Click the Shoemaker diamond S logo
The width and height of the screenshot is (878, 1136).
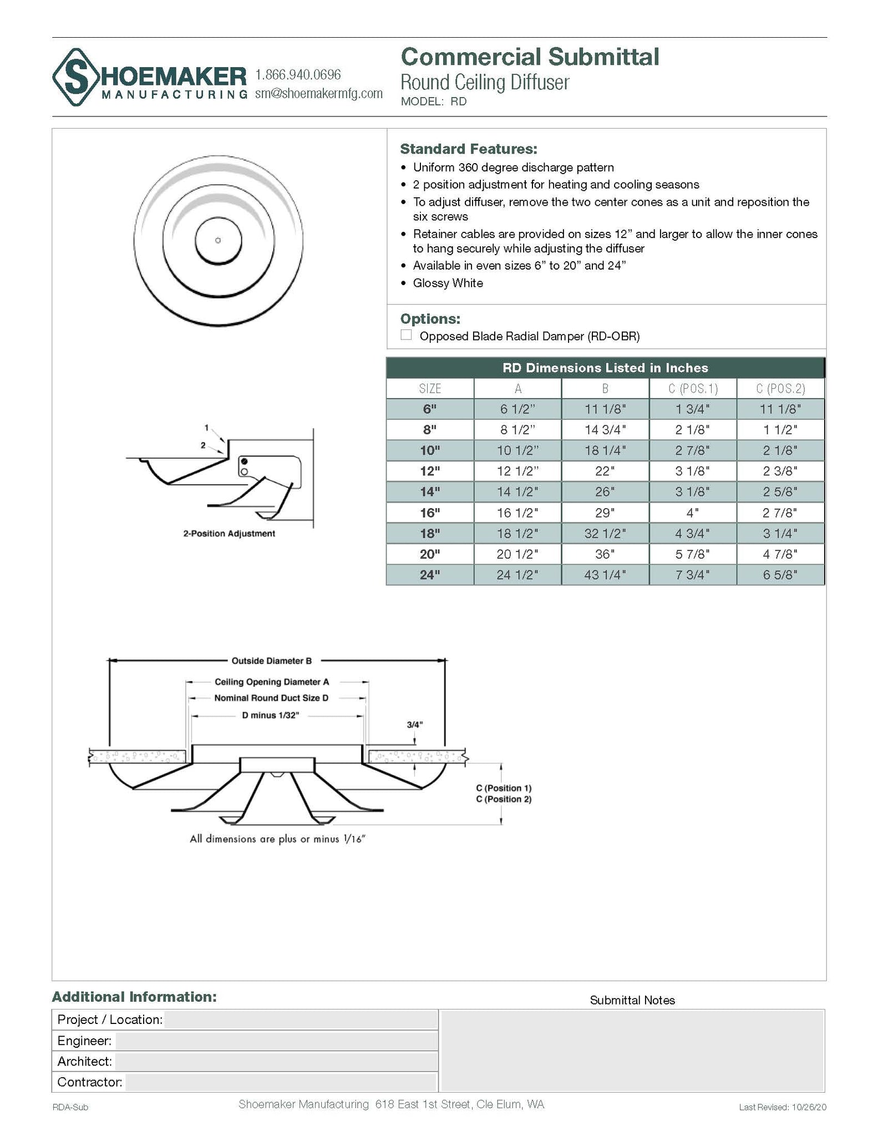(x=76, y=77)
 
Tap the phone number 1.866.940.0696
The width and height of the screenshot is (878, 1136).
(x=298, y=75)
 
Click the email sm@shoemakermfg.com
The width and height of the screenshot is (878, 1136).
(x=318, y=93)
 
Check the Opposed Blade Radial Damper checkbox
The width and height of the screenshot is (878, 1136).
(x=406, y=335)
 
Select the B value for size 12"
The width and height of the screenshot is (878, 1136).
(x=605, y=471)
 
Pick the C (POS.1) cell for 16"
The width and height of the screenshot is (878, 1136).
(x=692, y=513)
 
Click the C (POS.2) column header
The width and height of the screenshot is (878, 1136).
(x=780, y=388)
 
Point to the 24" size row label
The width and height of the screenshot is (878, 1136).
(x=429, y=575)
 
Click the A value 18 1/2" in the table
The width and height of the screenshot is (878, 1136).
(x=517, y=533)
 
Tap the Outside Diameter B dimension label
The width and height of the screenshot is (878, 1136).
(x=271, y=661)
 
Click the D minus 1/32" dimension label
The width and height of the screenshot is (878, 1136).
(x=270, y=715)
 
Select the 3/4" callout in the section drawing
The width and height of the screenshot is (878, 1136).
(x=414, y=724)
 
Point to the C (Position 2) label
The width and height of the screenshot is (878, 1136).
(x=503, y=799)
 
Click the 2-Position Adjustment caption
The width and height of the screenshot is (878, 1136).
(x=229, y=534)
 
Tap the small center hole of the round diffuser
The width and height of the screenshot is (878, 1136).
(x=218, y=240)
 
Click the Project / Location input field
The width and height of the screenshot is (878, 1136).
(x=300, y=1020)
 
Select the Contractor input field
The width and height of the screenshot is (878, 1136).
(x=281, y=1082)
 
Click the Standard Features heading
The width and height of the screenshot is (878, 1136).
(x=468, y=149)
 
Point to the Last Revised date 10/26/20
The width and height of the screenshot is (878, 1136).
(x=809, y=1107)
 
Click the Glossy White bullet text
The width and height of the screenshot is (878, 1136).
(x=448, y=283)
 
